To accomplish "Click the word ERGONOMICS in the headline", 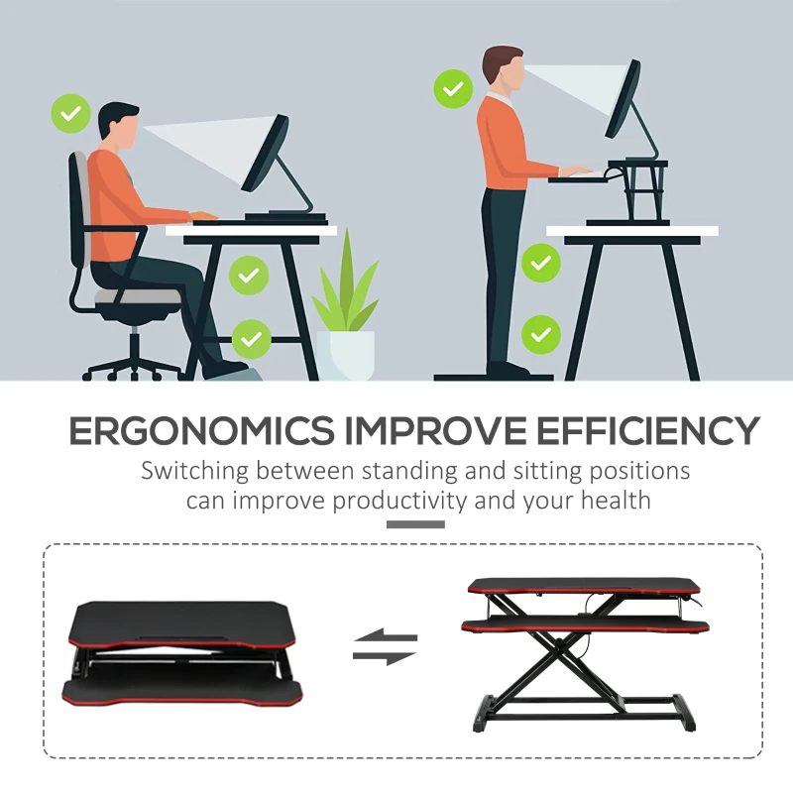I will pos(200,431).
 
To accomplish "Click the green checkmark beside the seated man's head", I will pos(70,114).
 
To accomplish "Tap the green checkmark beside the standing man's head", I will pos(452,90).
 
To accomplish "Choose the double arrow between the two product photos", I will pos(386,647).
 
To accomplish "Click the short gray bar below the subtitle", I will pos(414,523).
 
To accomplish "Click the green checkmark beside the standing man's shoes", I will pos(540,333).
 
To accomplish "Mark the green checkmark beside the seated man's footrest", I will pos(252,340).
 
